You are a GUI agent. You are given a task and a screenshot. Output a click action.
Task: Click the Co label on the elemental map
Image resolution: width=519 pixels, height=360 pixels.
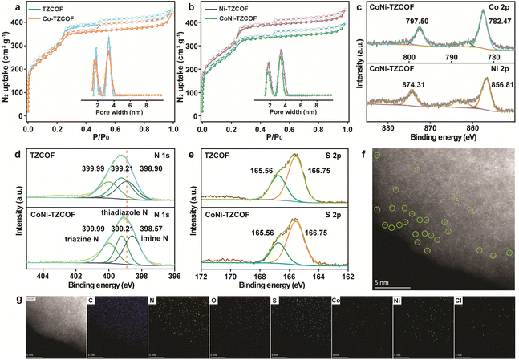tap(336, 302)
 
